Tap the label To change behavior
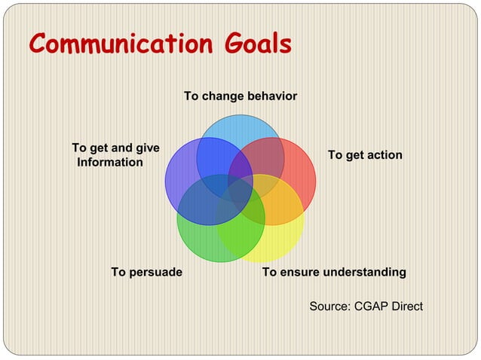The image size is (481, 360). (240, 96)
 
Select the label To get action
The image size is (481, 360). (365, 154)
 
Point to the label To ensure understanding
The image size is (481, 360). (334, 272)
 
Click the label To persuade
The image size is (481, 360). (146, 272)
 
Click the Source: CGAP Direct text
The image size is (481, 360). (366, 306)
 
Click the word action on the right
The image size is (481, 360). (384, 154)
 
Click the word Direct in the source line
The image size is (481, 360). (406, 306)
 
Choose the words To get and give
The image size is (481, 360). (115, 148)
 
